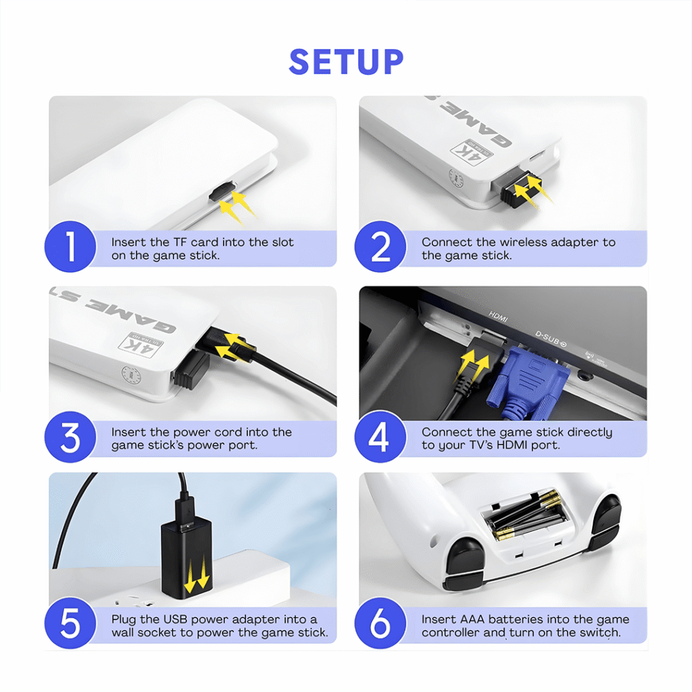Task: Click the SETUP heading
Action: coord(346,61)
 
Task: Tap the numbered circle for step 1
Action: coord(70,247)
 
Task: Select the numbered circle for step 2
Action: coord(380,247)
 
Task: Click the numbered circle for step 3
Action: coord(70,437)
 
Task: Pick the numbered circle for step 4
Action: coord(380,437)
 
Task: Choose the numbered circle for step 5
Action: coord(70,623)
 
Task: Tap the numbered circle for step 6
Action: coord(380,623)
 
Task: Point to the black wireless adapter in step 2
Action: coord(521,190)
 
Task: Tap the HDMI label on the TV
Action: coord(498,316)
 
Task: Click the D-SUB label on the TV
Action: coord(550,339)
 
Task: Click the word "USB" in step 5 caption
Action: coord(175,619)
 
